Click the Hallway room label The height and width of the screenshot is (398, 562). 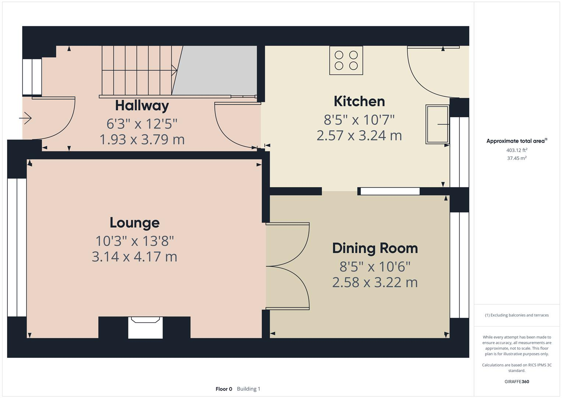pyautogui.click(x=142, y=106)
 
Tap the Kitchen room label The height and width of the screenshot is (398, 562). pyautogui.click(x=359, y=101)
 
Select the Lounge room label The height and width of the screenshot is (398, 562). pyautogui.click(x=135, y=223)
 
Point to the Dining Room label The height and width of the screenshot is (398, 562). pyautogui.click(x=375, y=248)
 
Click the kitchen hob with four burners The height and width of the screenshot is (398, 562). pyautogui.click(x=346, y=60)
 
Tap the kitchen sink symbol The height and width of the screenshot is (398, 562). pyautogui.click(x=437, y=125)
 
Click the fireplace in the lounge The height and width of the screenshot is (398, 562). pyautogui.click(x=145, y=327)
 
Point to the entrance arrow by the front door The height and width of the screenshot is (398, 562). pyautogui.click(x=25, y=118)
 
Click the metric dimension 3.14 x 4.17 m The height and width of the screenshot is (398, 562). pyautogui.click(x=134, y=257)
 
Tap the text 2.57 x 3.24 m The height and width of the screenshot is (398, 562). pyautogui.click(x=359, y=136)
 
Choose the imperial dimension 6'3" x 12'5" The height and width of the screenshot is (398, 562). pyautogui.click(x=142, y=123)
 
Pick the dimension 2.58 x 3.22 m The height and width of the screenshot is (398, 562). pyautogui.click(x=375, y=282)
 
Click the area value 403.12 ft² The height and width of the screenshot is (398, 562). pyautogui.click(x=517, y=150)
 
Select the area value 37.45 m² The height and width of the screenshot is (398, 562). pyautogui.click(x=517, y=158)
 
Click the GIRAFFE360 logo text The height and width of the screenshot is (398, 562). pyautogui.click(x=517, y=381)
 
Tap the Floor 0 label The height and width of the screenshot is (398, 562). pyautogui.click(x=224, y=389)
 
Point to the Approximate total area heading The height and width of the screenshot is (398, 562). pyautogui.click(x=517, y=141)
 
